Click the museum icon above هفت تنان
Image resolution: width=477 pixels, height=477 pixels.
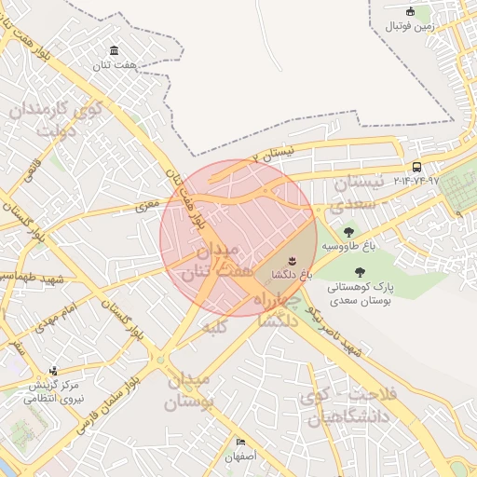[114, 50]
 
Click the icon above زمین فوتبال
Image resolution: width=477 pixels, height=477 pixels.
[411, 11]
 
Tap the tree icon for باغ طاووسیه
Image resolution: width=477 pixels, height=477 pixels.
[348, 231]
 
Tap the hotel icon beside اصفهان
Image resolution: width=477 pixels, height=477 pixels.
[241, 442]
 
